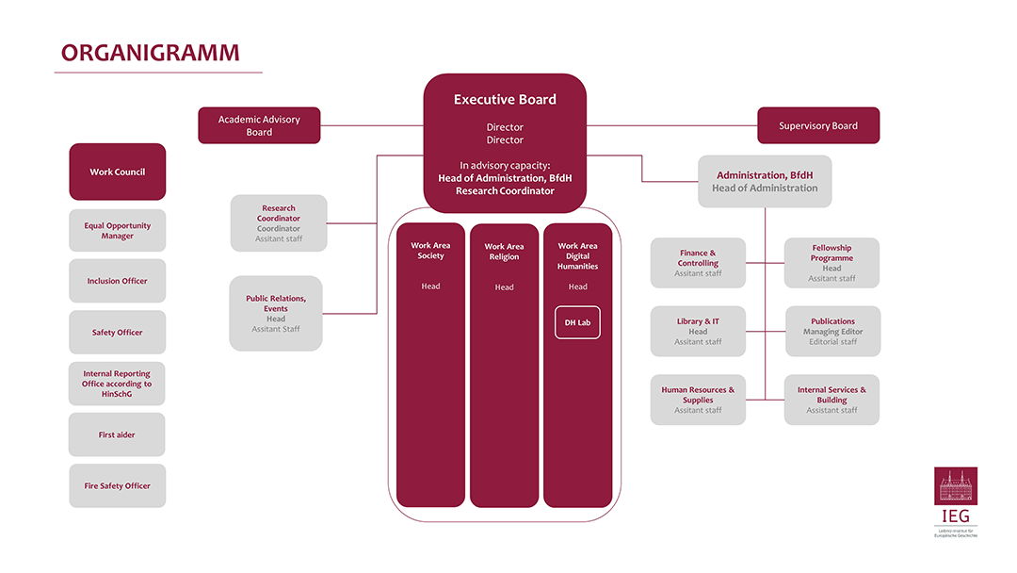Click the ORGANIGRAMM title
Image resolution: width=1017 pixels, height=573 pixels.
point(150,54)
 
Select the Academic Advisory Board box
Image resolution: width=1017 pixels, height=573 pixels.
point(259,125)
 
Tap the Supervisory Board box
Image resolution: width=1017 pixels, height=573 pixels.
point(818,125)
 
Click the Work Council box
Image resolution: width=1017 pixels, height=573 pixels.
point(118,172)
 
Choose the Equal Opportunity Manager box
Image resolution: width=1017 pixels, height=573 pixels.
point(118,231)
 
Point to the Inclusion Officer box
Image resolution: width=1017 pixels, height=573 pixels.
point(118,281)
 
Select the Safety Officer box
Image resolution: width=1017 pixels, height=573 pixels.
point(118,332)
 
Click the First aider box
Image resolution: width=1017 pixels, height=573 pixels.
point(118,434)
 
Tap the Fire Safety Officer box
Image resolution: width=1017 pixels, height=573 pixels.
point(118,485)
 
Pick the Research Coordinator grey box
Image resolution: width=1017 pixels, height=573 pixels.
point(279,223)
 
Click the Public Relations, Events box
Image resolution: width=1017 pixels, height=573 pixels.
point(276,313)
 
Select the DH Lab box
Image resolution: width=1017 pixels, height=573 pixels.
point(577,322)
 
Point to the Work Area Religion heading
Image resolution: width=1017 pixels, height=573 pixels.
point(504,252)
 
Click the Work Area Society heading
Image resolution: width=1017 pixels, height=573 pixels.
point(430,251)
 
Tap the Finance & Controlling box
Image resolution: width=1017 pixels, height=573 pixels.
point(698,263)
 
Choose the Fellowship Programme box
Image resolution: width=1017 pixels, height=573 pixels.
point(831,263)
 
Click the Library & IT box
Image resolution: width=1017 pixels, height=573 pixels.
point(698,331)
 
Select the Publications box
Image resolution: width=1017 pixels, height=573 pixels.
point(832,331)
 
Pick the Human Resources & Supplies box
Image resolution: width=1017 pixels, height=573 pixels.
point(698,400)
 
